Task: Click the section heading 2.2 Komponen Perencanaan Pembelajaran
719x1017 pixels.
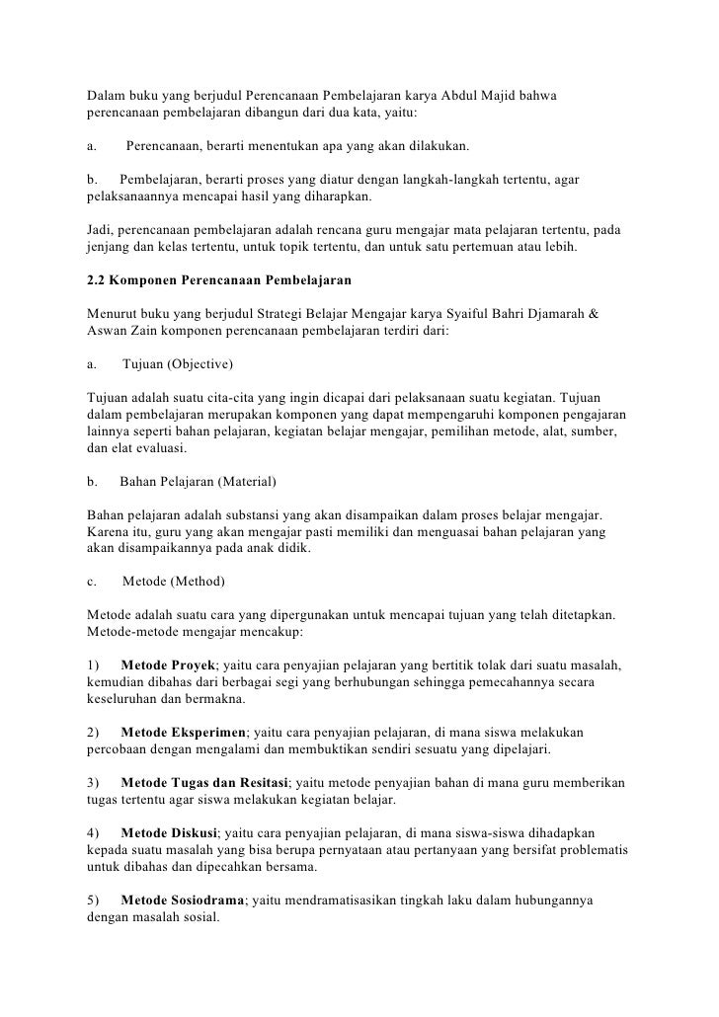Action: pos(212,279)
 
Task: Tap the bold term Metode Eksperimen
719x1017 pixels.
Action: pos(182,734)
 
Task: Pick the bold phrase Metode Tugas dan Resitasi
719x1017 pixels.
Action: pos(203,783)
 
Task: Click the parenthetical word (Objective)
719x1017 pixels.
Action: pos(200,365)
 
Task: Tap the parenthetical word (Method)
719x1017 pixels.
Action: pos(200,580)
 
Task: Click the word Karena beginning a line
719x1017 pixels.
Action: pos(110,533)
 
